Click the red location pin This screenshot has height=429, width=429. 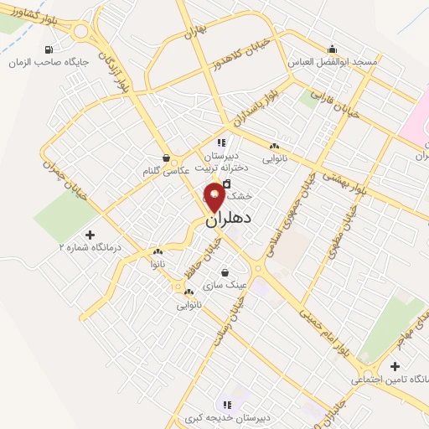[x=214, y=198]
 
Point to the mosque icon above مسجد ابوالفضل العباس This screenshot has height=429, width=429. [x=333, y=49]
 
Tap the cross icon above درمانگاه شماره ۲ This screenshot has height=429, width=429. [x=90, y=235]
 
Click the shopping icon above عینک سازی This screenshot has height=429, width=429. [x=225, y=271]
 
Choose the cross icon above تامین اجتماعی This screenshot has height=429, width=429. [x=395, y=366]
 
